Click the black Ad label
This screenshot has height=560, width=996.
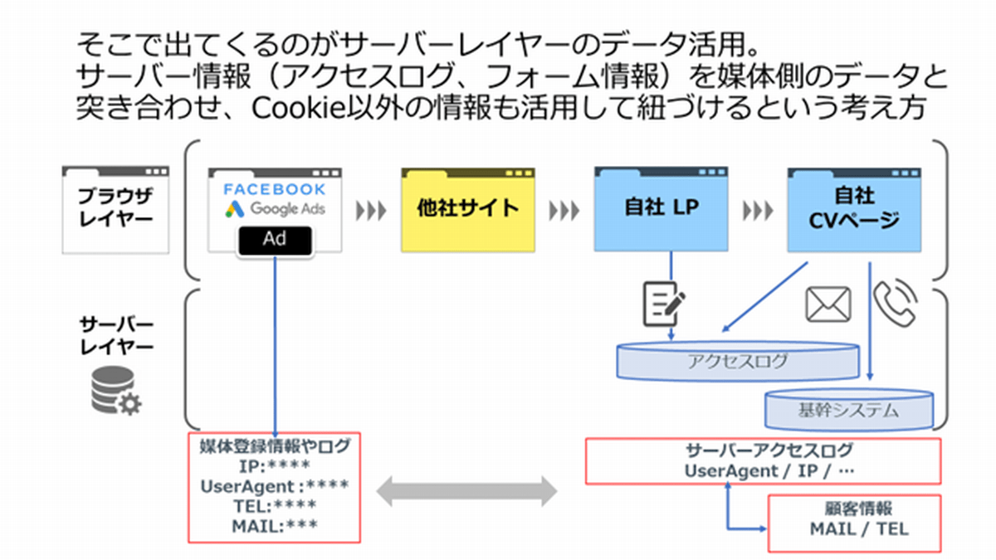point(275,239)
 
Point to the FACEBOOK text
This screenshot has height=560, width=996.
point(275,189)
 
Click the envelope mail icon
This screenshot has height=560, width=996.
point(829,305)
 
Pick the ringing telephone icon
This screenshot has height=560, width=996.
point(895,304)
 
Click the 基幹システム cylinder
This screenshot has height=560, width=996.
point(848,408)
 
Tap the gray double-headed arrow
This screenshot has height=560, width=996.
point(467,490)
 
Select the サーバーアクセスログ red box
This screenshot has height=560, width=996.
point(763,460)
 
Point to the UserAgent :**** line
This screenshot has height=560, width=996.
point(274,487)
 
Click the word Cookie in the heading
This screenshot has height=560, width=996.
point(298,108)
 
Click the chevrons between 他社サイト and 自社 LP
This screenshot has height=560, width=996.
point(564,209)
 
